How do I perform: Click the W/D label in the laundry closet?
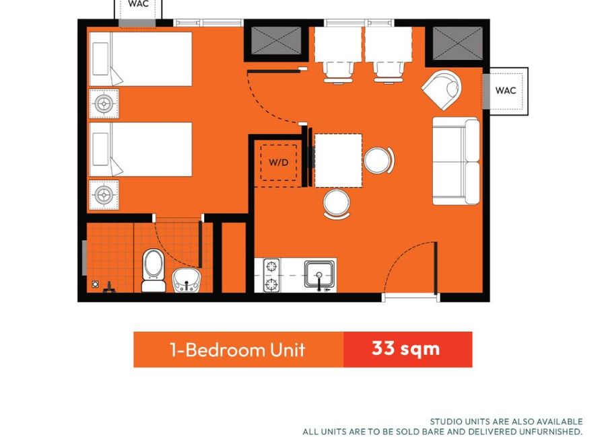pos(279,162)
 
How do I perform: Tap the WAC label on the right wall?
pos(506,90)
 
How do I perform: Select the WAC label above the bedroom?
pos(138,4)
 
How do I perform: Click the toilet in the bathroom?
pos(154,270)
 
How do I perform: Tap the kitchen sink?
pos(319,275)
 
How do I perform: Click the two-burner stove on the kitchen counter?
pos(272,275)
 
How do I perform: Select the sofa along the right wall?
pos(456,161)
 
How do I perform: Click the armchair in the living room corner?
pos(442,89)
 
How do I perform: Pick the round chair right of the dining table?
pos(378,161)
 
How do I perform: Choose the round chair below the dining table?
pos(337,204)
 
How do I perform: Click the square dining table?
pos(338,161)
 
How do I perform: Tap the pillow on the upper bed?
pos(100,58)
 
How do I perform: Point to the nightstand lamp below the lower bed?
pos(104,195)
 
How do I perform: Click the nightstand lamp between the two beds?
pos(104,104)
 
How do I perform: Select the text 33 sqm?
pos(406,349)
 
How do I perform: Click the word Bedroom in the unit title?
pos(226,350)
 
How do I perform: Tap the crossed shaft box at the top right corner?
pos(458,43)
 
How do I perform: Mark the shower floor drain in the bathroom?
pos(95,284)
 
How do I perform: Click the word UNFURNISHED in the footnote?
pos(551,431)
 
